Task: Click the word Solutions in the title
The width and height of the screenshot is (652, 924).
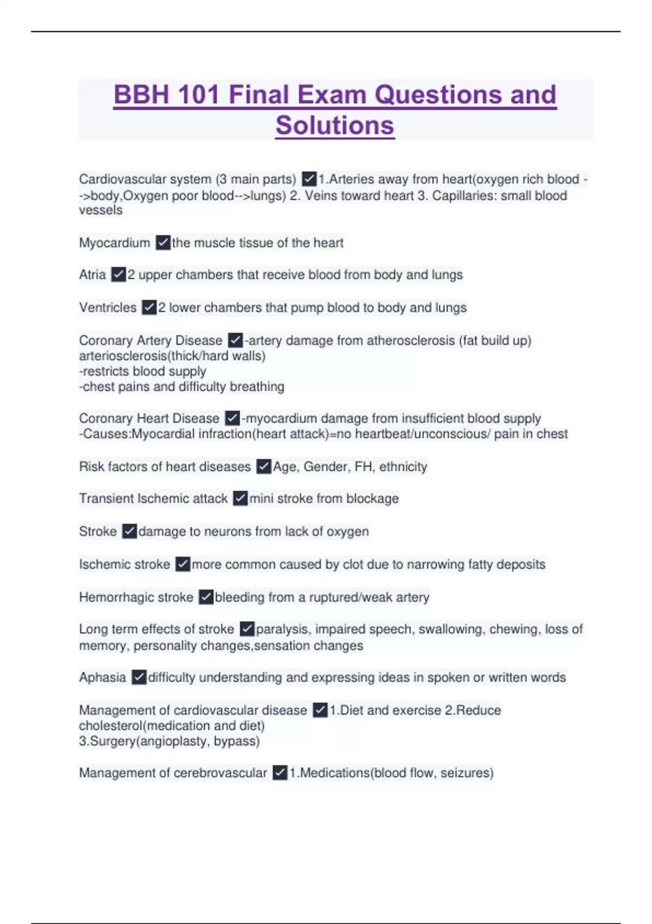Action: pos(335,125)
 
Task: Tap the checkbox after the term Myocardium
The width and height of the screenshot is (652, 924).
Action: pos(163,242)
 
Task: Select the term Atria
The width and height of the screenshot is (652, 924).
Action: pos(92,274)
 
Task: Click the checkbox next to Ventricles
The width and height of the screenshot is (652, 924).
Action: pos(149,308)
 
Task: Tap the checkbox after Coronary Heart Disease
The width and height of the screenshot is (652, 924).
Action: pos(232,418)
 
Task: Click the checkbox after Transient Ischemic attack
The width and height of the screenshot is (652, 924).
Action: pos(240,498)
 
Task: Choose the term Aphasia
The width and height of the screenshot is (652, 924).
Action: pos(102,677)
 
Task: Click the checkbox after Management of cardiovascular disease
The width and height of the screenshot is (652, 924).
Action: pos(320,710)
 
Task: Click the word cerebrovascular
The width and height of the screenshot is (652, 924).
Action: pos(227,772)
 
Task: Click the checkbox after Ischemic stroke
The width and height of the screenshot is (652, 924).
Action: pos(183,564)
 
